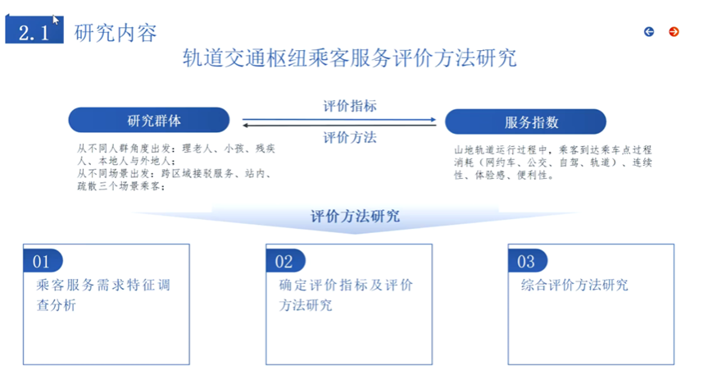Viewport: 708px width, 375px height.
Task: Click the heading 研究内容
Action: click(116, 33)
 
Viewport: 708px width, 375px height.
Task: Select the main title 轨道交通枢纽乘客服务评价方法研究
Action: click(349, 59)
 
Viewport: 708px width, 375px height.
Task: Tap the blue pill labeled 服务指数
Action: click(525, 122)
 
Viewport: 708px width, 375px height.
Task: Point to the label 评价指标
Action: click(350, 106)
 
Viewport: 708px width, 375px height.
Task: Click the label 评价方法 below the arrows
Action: click(350, 137)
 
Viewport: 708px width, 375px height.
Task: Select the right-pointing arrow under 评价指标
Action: click(339, 118)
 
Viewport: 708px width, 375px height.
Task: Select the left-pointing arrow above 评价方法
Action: click(339, 125)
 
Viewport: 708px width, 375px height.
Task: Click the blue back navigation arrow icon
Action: click(649, 31)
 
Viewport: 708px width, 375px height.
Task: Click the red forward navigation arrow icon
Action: click(674, 31)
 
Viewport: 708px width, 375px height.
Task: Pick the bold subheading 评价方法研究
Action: click(355, 217)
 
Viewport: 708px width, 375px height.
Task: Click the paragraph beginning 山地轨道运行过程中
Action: click(553, 162)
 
